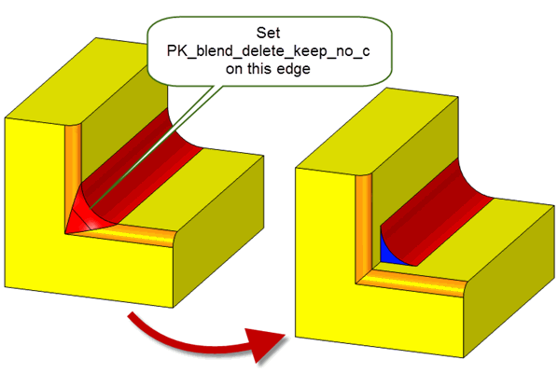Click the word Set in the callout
click(268, 33)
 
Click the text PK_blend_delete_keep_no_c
click(268, 51)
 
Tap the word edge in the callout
click(293, 68)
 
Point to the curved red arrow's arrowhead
click(267, 343)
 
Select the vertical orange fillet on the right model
click(364, 228)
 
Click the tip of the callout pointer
click(91, 208)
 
